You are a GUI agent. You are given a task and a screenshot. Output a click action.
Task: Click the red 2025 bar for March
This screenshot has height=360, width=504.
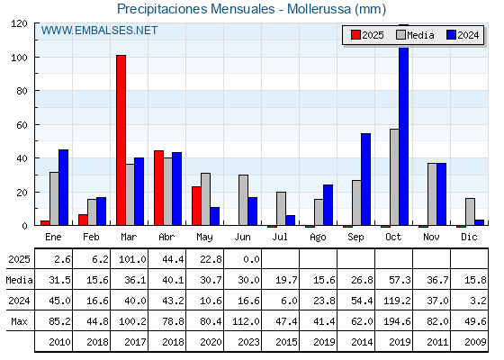pyautogui.click(x=121, y=140)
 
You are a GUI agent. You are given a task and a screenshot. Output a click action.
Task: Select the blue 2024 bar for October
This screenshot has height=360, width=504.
pyautogui.click(x=404, y=136)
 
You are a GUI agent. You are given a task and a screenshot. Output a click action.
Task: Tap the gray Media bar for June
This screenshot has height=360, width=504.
pyautogui.click(x=243, y=200)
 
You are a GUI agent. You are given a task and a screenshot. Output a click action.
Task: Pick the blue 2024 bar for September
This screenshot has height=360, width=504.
pyautogui.click(x=365, y=179)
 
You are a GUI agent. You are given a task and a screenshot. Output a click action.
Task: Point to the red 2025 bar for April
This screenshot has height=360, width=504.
pyautogui.click(x=158, y=188)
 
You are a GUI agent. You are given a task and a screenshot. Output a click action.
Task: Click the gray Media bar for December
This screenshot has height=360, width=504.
pyautogui.click(x=470, y=211)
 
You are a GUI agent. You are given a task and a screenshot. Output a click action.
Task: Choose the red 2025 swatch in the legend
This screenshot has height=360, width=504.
pyautogui.click(x=355, y=35)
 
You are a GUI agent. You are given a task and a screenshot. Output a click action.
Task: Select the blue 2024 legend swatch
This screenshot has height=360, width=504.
pyautogui.click(x=451, y=35)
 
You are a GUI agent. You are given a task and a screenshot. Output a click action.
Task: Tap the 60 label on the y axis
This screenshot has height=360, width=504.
pyautogui.click(x=22, y=125)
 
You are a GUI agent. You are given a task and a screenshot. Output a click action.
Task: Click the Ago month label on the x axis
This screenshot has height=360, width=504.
pyautogui.click(x=318, y=238)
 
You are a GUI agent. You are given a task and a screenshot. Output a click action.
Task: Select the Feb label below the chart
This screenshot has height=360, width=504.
pyautogui.click(x=91, y=237)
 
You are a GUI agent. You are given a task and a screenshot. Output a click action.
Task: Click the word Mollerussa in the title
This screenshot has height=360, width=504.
pyautogui.click(x=319, y=9)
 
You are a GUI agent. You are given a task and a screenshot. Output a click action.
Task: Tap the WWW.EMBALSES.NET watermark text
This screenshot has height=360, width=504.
pyautogui.click(x=99, y=31)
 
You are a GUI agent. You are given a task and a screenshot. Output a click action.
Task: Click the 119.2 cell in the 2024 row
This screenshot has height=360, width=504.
pyautogui.click(x=397, y=301)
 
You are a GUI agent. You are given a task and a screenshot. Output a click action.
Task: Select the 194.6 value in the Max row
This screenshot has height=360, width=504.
pyautogui.click(x=397, y=321)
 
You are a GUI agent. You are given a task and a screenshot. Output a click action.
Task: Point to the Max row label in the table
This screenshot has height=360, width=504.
pyautogui.click(x=19, y=321)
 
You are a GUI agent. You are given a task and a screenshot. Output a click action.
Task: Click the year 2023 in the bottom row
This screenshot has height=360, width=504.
pyautogui.click(x=248, y=342)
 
